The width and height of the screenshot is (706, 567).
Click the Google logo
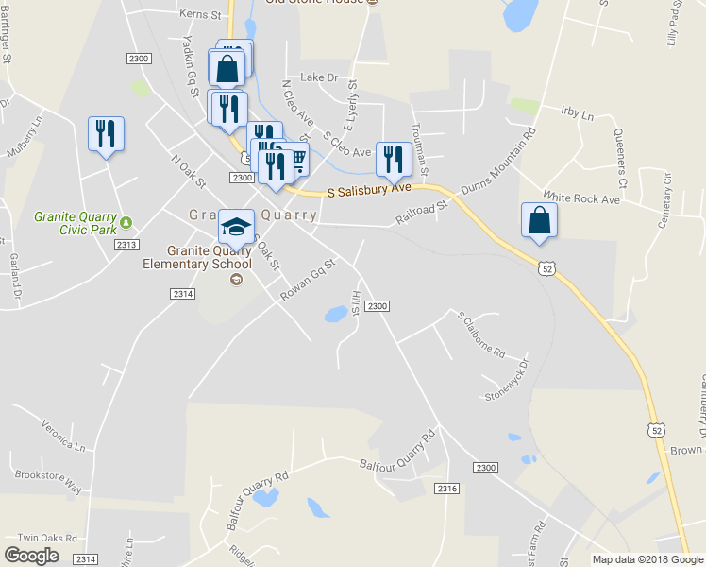point(32,555)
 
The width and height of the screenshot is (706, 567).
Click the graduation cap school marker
point(236,227)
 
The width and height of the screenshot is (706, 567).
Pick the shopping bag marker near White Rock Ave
point(539,220)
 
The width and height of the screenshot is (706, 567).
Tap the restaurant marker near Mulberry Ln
point(105,133)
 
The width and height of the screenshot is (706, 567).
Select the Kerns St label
point(202,15)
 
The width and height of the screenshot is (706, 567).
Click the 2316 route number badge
point(447,488)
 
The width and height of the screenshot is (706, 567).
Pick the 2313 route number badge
point(126,245)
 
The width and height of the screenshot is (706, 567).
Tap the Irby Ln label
point(577,115)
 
